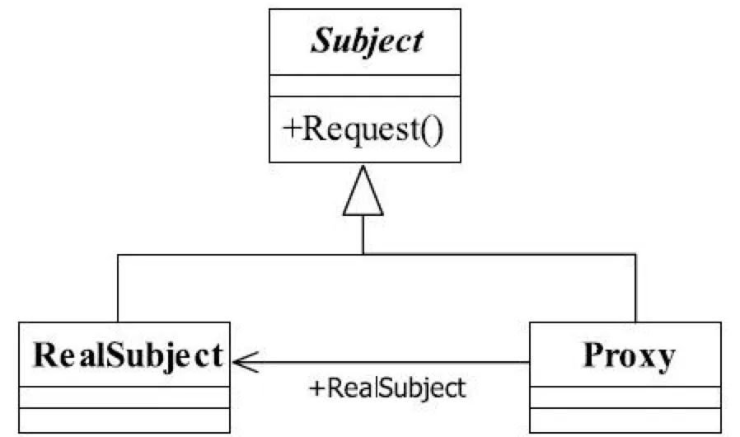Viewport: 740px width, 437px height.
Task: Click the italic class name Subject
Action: (367, 41)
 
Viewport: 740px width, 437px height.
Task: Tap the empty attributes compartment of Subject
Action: (363, 87)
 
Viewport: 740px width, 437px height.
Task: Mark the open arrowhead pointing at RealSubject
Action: (244, 360)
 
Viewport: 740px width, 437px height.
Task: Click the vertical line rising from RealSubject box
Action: (118, 289)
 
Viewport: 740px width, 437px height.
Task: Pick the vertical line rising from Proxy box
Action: (636, 289)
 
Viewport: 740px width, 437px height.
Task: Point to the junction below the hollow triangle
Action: (363, 254)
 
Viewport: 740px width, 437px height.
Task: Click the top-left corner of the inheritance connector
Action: (118, 254)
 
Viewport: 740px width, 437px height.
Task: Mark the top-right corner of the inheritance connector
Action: (636, 254)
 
